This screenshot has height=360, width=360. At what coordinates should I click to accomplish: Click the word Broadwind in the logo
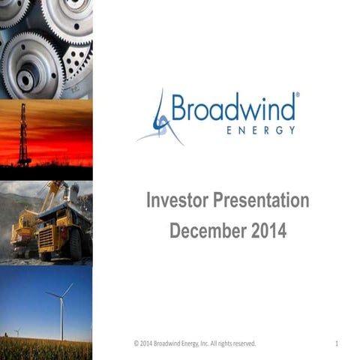tap(233, 108)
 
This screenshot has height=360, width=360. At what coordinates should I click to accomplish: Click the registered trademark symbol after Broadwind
tap(298, 96)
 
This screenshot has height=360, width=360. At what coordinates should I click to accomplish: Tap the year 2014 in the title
tap(269, 230)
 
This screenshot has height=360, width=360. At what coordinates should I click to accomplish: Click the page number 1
tap(337, 343)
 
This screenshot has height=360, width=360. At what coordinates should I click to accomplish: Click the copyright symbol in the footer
tap(136, 343)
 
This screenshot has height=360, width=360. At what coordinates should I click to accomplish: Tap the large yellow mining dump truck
tap(63, 229)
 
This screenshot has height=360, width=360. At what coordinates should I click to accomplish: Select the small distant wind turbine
tap(17, 331)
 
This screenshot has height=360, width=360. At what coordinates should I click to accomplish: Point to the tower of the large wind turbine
tap(61, 319)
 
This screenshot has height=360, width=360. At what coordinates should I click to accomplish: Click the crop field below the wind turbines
tap(45, 349)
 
